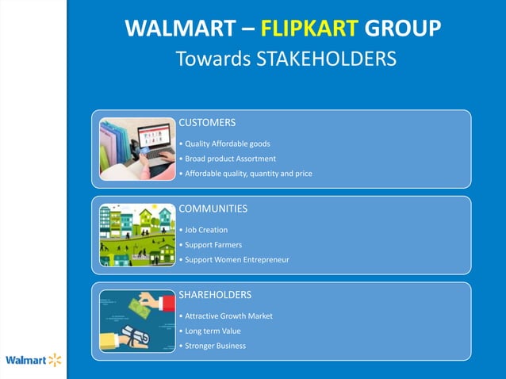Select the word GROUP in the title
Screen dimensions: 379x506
click(x=403, y=29)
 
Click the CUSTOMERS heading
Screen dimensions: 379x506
click(x=207, y=123)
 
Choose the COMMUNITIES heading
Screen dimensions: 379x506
click(x=213, y=209)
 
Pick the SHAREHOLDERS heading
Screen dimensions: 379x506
click(x=215, y=295)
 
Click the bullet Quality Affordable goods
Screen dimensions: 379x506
click(x=226, y=144)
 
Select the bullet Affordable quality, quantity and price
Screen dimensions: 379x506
click(x=247, y=173)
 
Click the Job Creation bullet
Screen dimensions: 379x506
click(x=205, y=230)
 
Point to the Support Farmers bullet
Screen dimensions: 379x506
click(x=211, y=244)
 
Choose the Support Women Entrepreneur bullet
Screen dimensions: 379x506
click(x=235, y=259)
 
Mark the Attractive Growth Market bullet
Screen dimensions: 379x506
click(x=227, y=316)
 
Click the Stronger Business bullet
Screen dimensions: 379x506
click(x=213, y=346)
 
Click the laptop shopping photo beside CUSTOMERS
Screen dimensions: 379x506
click(x=137, y=149)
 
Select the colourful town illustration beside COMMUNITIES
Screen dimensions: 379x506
click(x=137, y=235)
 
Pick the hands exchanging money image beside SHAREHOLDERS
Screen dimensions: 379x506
click(x=137, y=321)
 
